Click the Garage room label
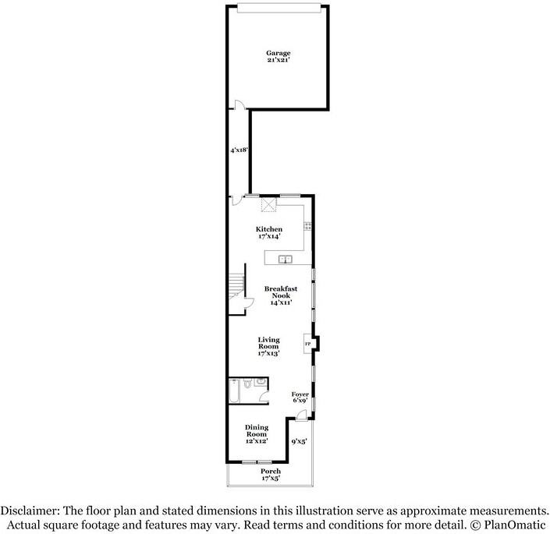[278, 56]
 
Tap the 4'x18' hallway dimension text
[239, 150]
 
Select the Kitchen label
[268, 232]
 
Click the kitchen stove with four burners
[308, 227]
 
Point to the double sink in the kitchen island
[286, 259]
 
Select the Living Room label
[268, 345]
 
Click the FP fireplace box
[308, 344]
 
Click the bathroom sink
[261, 384]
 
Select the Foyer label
[300, 397]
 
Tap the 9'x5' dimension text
[299, 442]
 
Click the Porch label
[271, 474]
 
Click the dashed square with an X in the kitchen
[269, 204]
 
